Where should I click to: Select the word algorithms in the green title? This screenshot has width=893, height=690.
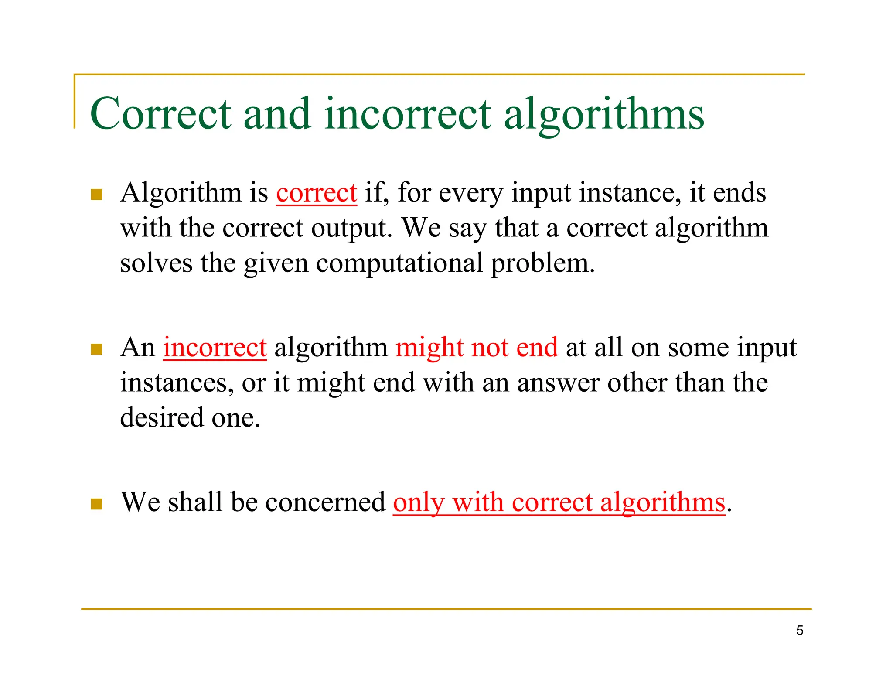point(604,114)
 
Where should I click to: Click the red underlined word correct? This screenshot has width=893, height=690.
point(317,193)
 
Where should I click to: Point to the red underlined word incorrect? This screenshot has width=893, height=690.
point(215,348)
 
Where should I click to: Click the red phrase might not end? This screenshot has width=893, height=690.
point(477,348)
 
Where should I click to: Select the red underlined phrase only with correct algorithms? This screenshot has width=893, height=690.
point(559,502)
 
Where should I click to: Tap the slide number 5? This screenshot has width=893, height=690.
point(799,630)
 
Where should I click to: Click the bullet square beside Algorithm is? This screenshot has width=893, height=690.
point(96,194)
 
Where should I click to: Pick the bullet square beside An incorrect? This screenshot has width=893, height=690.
point(96,349)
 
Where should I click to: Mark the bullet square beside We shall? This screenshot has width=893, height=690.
point(96,504)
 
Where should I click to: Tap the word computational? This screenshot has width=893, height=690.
point(399,263)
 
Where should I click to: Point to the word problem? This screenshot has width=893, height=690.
point(542,263)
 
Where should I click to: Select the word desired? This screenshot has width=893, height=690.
point(162,417)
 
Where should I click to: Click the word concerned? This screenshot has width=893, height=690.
point(325,502)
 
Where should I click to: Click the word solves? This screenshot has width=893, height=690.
point(156,263)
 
